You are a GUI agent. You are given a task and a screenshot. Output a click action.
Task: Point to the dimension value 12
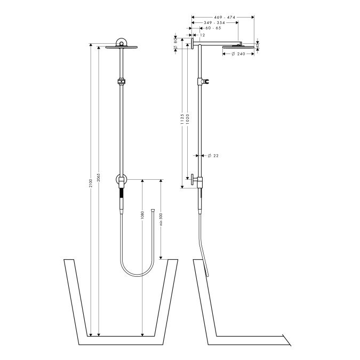202,35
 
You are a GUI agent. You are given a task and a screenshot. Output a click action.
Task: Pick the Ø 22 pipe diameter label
213,156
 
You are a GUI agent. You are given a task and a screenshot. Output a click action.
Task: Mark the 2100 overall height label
91,183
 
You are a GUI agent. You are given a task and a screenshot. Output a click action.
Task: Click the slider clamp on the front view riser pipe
122,82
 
